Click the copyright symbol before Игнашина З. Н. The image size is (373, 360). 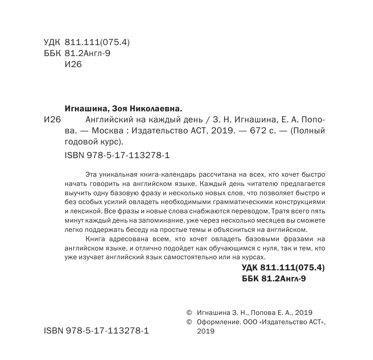(190, 311)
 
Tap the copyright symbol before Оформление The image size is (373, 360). (190, 322)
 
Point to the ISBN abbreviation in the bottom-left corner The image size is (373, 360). (53, 331)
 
